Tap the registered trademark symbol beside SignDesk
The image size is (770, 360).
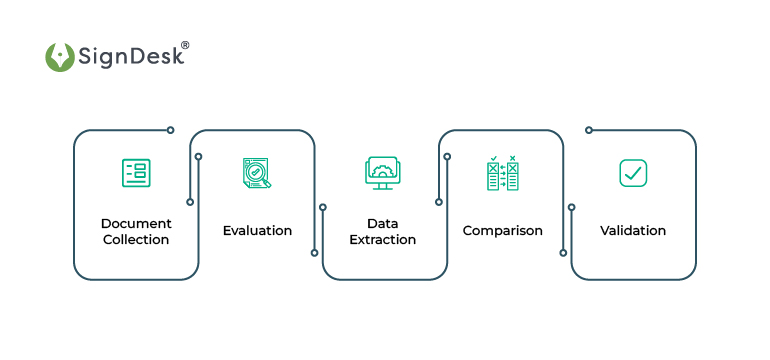(x=184, y=45)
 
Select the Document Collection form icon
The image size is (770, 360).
(x=134, y=172)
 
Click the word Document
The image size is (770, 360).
(x=136, y=223)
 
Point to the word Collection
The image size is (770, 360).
(x=136, y=240)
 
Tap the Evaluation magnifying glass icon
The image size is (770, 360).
(x=257, y=173)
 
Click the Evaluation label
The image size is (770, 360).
(x=257, y=231)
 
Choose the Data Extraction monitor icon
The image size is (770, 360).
(x=382, y=172)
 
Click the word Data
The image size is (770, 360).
(x=382, y=223)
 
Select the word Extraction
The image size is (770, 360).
(x=382, y=240)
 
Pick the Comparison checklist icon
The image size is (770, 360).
(x=502, y=173)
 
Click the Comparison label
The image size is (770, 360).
(x=502, y=231)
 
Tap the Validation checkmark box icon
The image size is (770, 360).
(x=632, y=172)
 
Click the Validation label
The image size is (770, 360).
(x=633, y=231)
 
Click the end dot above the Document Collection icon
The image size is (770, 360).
(x=170, y=130)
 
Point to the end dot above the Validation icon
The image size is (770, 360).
(x=589, y=130)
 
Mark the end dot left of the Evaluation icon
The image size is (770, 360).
(x=198, y=156)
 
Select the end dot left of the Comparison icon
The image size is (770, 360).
(x=447, y=156)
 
